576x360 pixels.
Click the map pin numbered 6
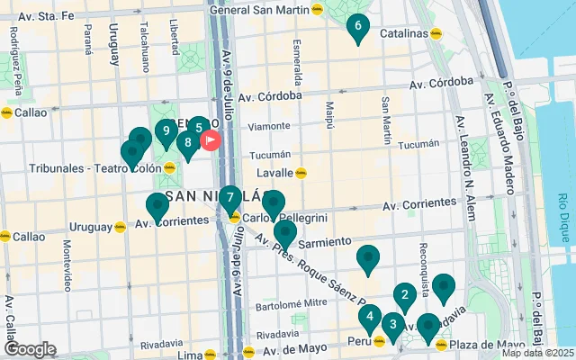[357, 28]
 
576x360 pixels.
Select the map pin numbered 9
[165, 132]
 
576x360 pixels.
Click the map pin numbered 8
[187, 143]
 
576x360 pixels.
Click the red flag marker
[211, 139]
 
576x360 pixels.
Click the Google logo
[30, 349]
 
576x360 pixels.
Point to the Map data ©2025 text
[537, 353]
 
